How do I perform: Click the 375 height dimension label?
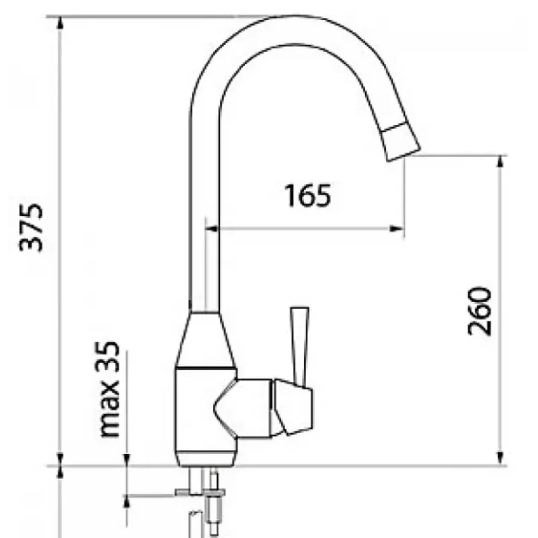click(32, 228)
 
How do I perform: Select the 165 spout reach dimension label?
click(308, 196)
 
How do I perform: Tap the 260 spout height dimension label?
click(479, 311)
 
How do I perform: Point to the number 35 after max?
click(109, 357)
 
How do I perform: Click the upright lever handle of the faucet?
click(300, 346)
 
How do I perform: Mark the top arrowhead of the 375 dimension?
click(61, 23)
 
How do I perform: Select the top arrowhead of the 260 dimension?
click(500, 162)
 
